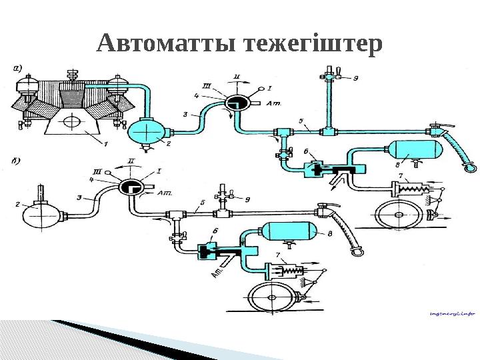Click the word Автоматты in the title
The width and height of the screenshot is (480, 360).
click(167, 45)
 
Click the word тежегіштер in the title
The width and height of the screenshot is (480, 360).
click(313, 45)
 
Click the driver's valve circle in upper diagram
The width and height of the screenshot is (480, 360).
click(234, 102)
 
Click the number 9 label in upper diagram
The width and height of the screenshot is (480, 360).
click(357, 79)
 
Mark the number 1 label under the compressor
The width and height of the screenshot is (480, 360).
click(103, 143)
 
